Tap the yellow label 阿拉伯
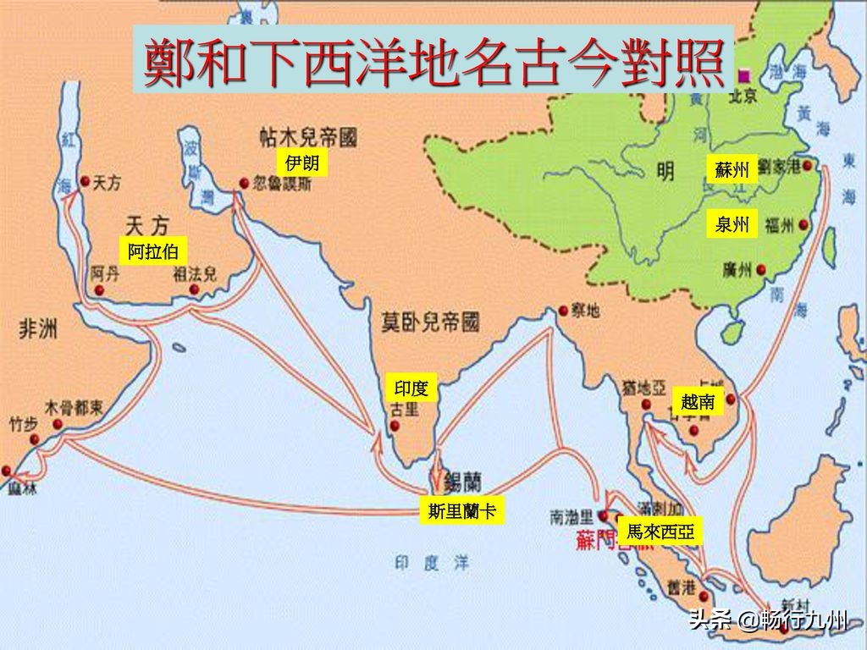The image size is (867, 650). click(152, 250)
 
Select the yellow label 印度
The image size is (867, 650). click(411, 388)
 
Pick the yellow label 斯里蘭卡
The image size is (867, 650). click(461, 510)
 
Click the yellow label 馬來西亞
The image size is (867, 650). click(660, 532)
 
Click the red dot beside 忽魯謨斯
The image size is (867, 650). click(244, 183)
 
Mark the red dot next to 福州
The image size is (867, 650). click(806, 226)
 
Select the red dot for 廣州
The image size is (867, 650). click(761, 270)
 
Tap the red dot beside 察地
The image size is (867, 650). click(562, 311)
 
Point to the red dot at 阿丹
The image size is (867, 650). click(100, 289)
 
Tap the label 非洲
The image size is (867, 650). click(39, 329)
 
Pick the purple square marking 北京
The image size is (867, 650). click(745, 74)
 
